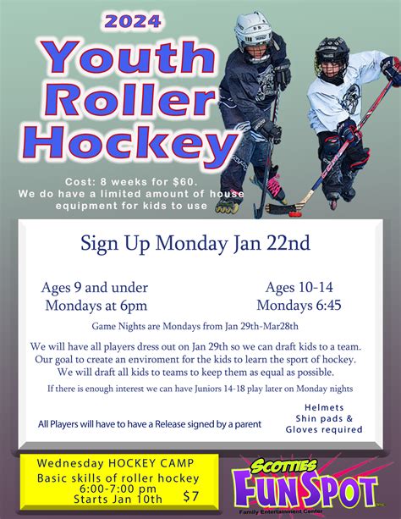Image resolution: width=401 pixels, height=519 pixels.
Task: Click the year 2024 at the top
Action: click(x=133, y=21)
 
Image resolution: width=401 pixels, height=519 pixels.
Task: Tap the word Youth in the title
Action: click(x=128, y=57)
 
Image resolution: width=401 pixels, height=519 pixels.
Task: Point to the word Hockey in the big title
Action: click(x=130, y=143)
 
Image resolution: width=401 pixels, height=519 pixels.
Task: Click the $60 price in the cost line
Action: click(x=184, y=182)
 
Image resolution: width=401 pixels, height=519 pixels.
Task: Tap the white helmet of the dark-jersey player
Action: click(x=253, y=30)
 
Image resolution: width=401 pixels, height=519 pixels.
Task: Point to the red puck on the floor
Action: click(x=295, y=213)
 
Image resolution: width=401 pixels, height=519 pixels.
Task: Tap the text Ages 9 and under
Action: click(x=95, y=288)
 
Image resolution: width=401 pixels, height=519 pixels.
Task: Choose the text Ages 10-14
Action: click(x=299, y=287)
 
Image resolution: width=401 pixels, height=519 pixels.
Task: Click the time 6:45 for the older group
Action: click(x=328, y=305)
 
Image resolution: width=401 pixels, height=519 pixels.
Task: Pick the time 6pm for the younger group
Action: click(x=134, y=306)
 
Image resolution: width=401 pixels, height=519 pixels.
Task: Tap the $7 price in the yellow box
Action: click(x=191, y=496)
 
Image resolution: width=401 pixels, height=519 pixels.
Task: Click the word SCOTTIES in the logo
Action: click(x=284, y=467)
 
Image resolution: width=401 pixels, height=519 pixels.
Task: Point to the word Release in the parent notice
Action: click(x=170, y=424)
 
